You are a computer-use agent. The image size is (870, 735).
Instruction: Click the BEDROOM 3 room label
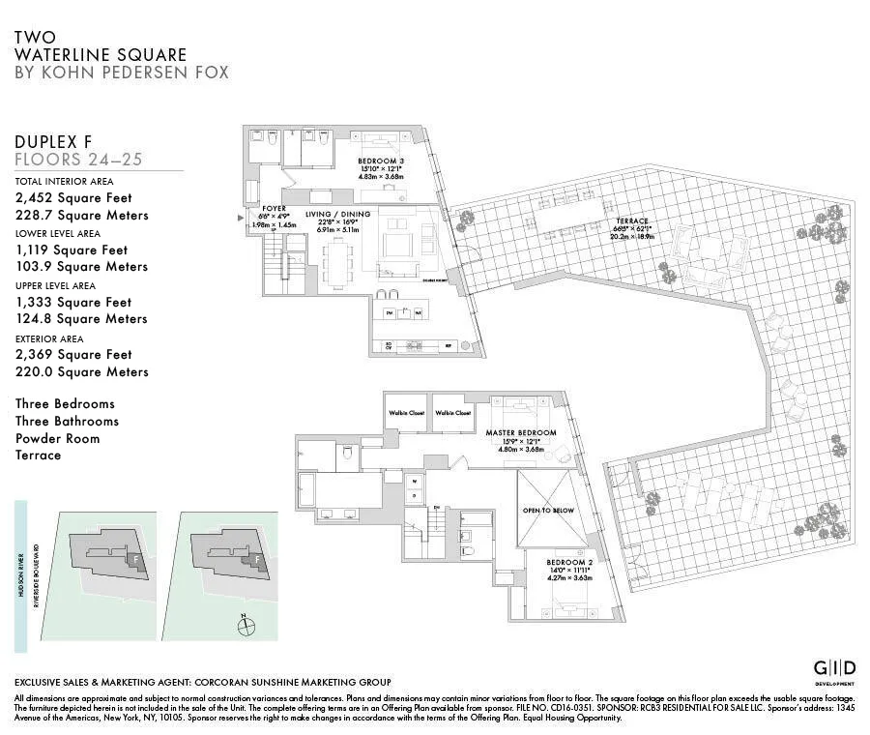click(x=382, y=161)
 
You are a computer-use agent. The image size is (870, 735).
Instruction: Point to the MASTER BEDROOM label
click(x=521, y=432)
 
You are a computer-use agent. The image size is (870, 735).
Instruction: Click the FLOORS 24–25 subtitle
click(x=78, y=159)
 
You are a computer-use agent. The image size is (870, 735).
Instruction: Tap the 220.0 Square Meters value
click(x=82, y=371)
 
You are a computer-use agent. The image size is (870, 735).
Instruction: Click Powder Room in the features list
click(x=57, y=438)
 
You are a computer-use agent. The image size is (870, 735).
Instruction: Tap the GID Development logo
click(x=832, y=669)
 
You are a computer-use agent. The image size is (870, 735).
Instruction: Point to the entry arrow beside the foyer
click(x=242, y=219)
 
